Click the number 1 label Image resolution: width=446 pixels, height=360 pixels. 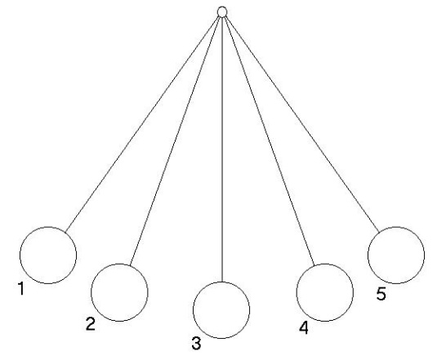(x=21, y=289)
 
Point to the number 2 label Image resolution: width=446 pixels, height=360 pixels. (x=91, y=324)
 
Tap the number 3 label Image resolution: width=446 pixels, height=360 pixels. (x=196, y=343)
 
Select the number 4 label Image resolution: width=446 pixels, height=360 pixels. (x=304, y=327)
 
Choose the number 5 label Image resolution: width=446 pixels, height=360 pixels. (x=381, y=294)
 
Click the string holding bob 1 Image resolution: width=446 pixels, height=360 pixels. (x=142, y=124)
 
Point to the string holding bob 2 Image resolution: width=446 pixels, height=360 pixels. (x=176, y=141)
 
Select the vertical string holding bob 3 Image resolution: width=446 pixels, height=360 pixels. (x=222, y=149)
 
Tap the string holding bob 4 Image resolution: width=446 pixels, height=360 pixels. (x=269, y=141)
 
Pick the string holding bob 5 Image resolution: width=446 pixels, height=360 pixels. (x=302, y=124)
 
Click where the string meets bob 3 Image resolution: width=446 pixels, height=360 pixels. (x=222, y=282)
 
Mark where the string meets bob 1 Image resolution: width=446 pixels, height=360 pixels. (x=65, y=232)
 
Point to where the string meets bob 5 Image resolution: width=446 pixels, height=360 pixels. (x=379, y=232)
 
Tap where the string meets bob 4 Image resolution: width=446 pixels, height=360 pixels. (x=314, y=266)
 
